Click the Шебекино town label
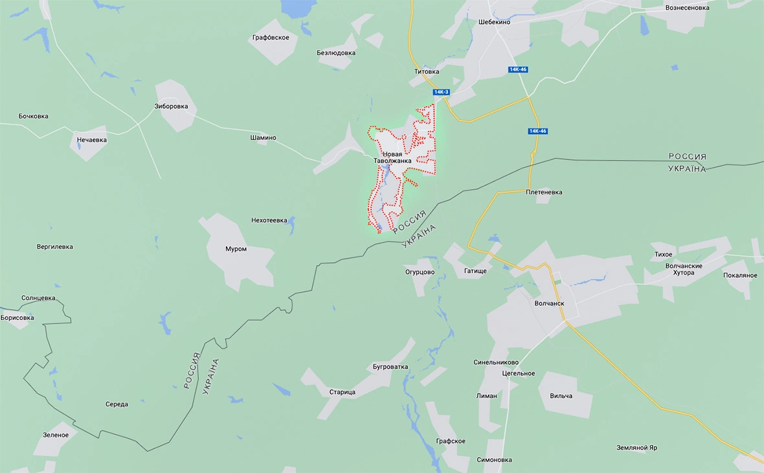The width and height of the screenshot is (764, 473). pos(495,21)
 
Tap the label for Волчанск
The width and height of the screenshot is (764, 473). pos(550,303)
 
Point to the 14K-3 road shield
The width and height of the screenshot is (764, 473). pos(442,92)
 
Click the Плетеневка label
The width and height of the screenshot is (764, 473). pos(544,192)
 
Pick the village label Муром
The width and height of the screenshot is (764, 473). pos(236,249)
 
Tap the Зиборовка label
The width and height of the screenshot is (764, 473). pos(171,106)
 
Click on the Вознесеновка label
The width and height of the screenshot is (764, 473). pos(687,8)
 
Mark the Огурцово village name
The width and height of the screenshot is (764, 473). pos(420,272)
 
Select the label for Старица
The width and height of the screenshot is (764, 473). pos(342,392)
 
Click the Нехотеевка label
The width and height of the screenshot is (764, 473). pos(269,220)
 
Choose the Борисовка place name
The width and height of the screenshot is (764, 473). pos(17,317)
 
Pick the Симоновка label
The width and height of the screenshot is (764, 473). pos(494,460)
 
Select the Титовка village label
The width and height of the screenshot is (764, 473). pos(427,71)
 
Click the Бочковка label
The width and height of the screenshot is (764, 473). pos(34,117)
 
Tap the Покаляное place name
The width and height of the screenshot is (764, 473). pos(740,275)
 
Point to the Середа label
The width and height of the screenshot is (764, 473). pos(117,404)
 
